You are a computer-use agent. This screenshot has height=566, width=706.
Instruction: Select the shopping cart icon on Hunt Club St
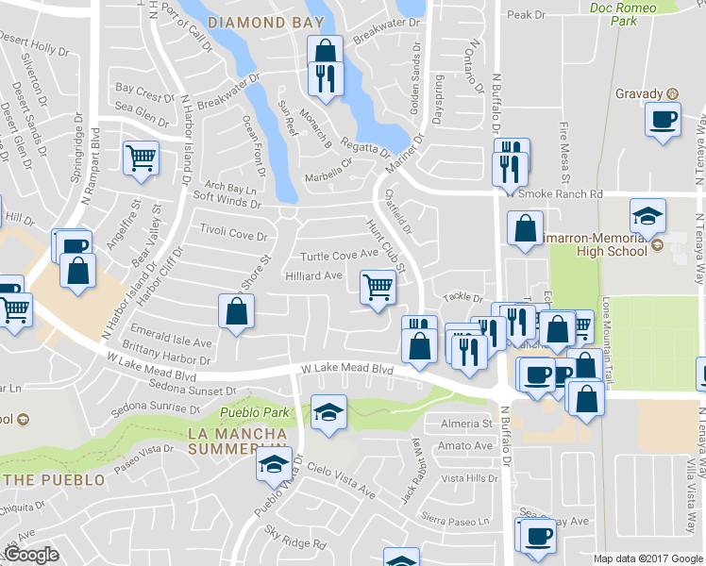tap(378, 287)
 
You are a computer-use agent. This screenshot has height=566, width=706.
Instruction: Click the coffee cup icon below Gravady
tap(663, 119)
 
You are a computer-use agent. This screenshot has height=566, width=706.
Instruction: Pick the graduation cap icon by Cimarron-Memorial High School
tap(647, 215)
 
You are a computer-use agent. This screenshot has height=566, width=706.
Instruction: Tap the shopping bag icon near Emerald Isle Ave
tap(236, 311)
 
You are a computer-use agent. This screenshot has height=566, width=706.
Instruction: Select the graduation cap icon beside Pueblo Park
tap(328, 412)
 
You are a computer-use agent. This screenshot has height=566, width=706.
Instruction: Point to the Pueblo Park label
tap(254, 412)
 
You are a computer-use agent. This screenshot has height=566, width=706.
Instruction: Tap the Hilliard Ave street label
tap(313, 275)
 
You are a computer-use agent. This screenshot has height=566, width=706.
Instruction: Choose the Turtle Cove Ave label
tap(339, 256)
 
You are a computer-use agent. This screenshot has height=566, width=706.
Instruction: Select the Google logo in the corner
tap(31, 555)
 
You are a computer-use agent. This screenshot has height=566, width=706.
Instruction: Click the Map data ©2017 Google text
tap(647, 558)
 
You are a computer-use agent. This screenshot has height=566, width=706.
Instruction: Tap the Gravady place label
tap(641, 93)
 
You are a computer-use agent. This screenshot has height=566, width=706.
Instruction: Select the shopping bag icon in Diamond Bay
tap(325, 52)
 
